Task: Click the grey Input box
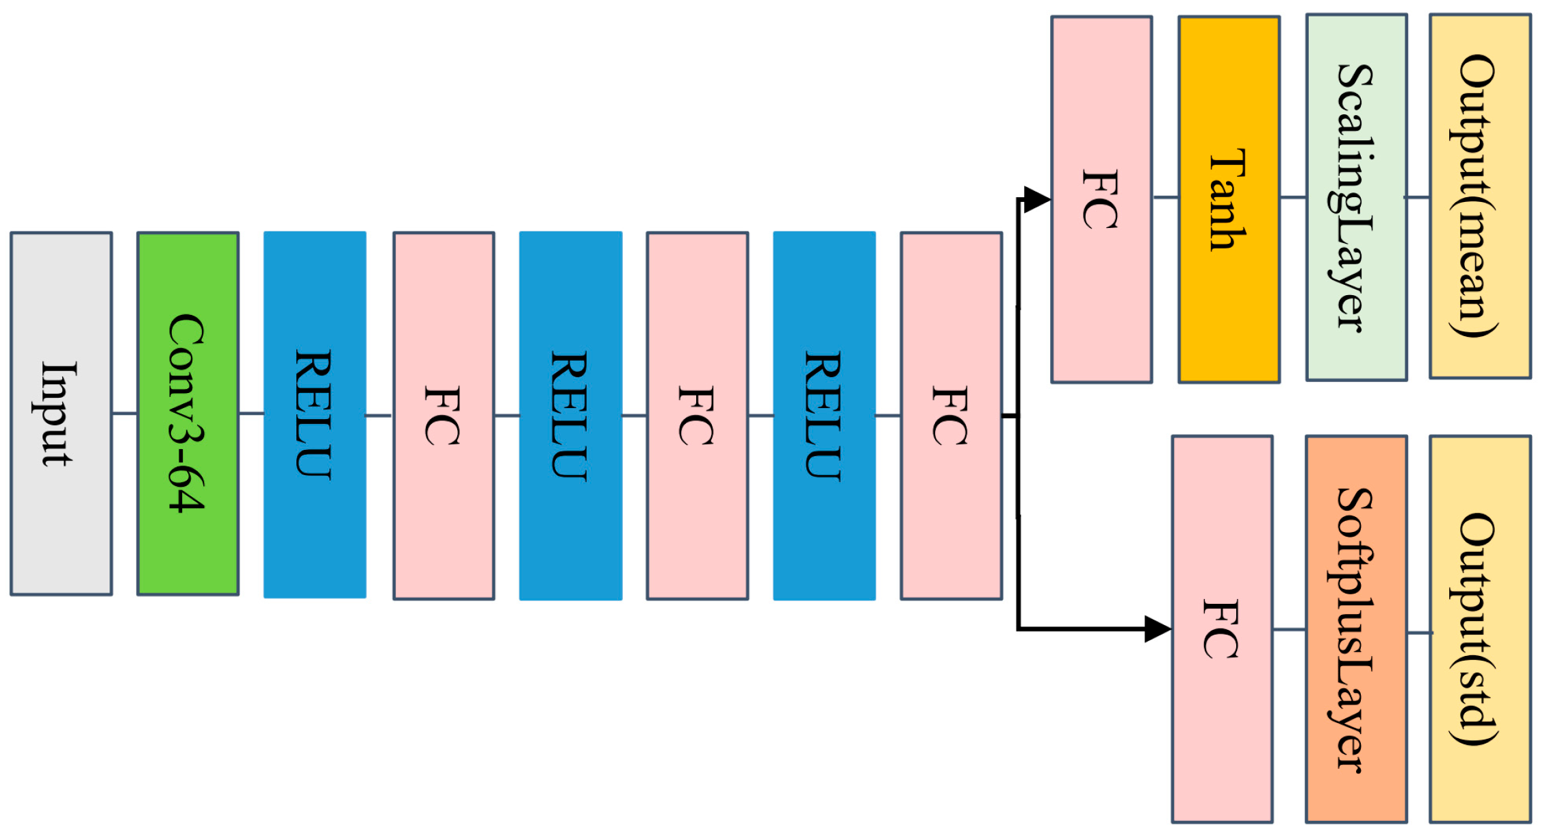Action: click(61, 414)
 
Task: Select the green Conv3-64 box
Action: click(188, 414)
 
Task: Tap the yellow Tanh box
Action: click(1229, 199)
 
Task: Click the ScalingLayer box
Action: click(1356, 197)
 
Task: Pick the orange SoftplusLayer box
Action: click(1356, 629)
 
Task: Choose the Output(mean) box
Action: click(1480, 196)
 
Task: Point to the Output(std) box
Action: click(1480, 629)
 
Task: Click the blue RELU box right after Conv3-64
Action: click(315, 415)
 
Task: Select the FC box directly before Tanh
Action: click(1101, 199)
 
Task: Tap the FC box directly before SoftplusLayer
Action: click(1222, 629)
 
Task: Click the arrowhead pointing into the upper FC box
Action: click(1037, 199)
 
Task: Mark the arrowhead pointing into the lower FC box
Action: click(1158, 629)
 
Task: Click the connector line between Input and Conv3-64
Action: click(125, 413)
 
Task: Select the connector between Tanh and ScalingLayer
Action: click(1293, 197)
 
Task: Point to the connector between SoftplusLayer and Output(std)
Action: click(1419, 633)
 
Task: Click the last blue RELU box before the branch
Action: click(824, 416)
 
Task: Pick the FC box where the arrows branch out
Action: click(951, 416)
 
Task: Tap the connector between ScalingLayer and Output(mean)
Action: click(1418, 197)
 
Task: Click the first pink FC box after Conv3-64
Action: click(444, 416)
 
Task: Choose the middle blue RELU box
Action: click(570, 416)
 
